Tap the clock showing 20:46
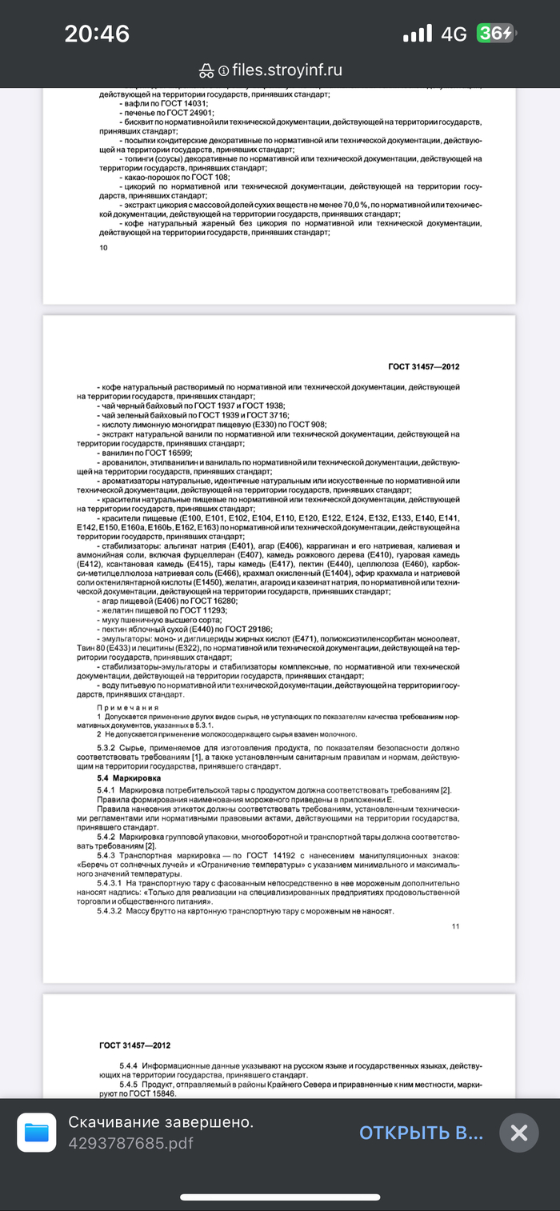97,34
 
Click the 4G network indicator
454,34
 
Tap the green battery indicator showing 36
496,34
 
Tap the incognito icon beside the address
206,70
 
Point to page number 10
103,248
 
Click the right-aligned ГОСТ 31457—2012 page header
423,367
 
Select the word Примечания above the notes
128,708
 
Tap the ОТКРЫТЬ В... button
421,1132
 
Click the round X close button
518,1133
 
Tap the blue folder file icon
37,1133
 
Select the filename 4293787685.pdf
130,1143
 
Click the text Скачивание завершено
161,1122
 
